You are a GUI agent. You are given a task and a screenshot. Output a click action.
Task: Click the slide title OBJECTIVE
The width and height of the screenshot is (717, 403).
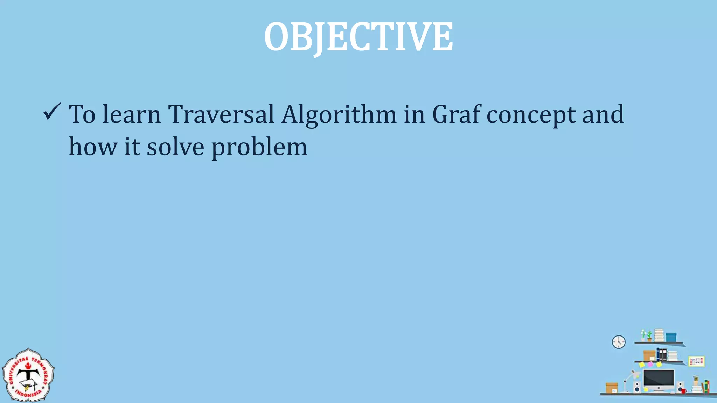click(x=358, y=37)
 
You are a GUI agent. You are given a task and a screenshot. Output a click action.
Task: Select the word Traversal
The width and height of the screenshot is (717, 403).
click(x=221, y=114)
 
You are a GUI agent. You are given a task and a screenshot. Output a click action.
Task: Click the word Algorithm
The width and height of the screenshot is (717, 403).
click(x=339, y=115)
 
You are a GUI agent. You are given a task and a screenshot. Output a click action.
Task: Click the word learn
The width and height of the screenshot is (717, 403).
click(x=131, y=114)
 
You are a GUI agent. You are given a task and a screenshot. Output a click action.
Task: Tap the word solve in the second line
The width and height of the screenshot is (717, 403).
click(x=175, y=147)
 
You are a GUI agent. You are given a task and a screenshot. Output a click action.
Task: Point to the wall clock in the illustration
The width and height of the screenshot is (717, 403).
click(x=619, y=342)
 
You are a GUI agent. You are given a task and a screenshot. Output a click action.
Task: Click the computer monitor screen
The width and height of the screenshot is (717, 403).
click(x=658, y=378)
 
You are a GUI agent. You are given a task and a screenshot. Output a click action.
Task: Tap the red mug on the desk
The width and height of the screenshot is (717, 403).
click(x=683, y=390)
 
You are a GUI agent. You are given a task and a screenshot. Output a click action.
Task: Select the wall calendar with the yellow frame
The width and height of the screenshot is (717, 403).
click(x=696, y=361)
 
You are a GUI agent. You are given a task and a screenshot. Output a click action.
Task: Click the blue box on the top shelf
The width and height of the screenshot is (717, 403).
click(x=671, y=337)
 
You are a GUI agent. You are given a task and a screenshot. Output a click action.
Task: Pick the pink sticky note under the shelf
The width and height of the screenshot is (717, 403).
click(x=650, y=364)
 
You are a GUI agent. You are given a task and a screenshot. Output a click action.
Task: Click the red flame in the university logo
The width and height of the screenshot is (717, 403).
click(x=28, y=366)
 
